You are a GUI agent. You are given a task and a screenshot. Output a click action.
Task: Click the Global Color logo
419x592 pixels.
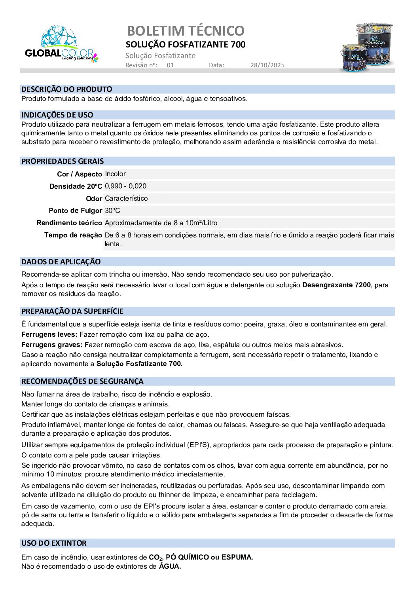(x=61, y=44)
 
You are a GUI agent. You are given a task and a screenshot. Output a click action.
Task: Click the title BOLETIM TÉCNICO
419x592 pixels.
(x=186, y=30)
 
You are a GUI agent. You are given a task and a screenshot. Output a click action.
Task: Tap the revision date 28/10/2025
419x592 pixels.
(x=267, y=65)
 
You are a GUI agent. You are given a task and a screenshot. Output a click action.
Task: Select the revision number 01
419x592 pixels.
(x=170, y=65)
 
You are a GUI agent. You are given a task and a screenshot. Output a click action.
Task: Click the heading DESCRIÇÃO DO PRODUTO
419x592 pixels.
(x=66, y=89)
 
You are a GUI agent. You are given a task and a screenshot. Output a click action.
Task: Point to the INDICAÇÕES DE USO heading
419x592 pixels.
(x=57, y=115)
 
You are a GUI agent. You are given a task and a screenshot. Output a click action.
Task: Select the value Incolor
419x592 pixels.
(x=115, y=174)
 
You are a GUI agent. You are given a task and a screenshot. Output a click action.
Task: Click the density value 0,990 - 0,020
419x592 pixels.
(x=125, y=186)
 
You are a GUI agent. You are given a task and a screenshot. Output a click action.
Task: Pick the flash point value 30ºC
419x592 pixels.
(x=112, y=211)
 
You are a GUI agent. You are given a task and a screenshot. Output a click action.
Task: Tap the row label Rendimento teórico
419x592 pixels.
(x=69, y=223)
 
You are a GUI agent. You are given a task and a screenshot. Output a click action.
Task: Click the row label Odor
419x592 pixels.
(x=94, y=199)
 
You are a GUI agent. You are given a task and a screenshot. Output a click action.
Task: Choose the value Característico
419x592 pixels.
(x=126, y=198)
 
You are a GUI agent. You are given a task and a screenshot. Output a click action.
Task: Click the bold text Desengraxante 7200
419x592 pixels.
(x=336, y=285)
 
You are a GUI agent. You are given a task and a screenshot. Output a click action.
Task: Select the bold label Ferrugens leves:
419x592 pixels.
(x=49, y=334)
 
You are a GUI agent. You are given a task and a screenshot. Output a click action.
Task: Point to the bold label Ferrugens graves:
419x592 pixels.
(x=52, y=345)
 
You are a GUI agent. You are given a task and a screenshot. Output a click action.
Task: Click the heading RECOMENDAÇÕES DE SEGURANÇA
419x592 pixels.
(x=82, y=381)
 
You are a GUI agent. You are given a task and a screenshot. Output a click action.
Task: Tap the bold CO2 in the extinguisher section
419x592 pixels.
(x=155, y=558)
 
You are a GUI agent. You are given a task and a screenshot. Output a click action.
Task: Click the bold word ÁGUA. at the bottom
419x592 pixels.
(x=170, y=566)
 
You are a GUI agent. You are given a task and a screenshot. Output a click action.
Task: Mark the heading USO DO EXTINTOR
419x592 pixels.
(x=54, y=543)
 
